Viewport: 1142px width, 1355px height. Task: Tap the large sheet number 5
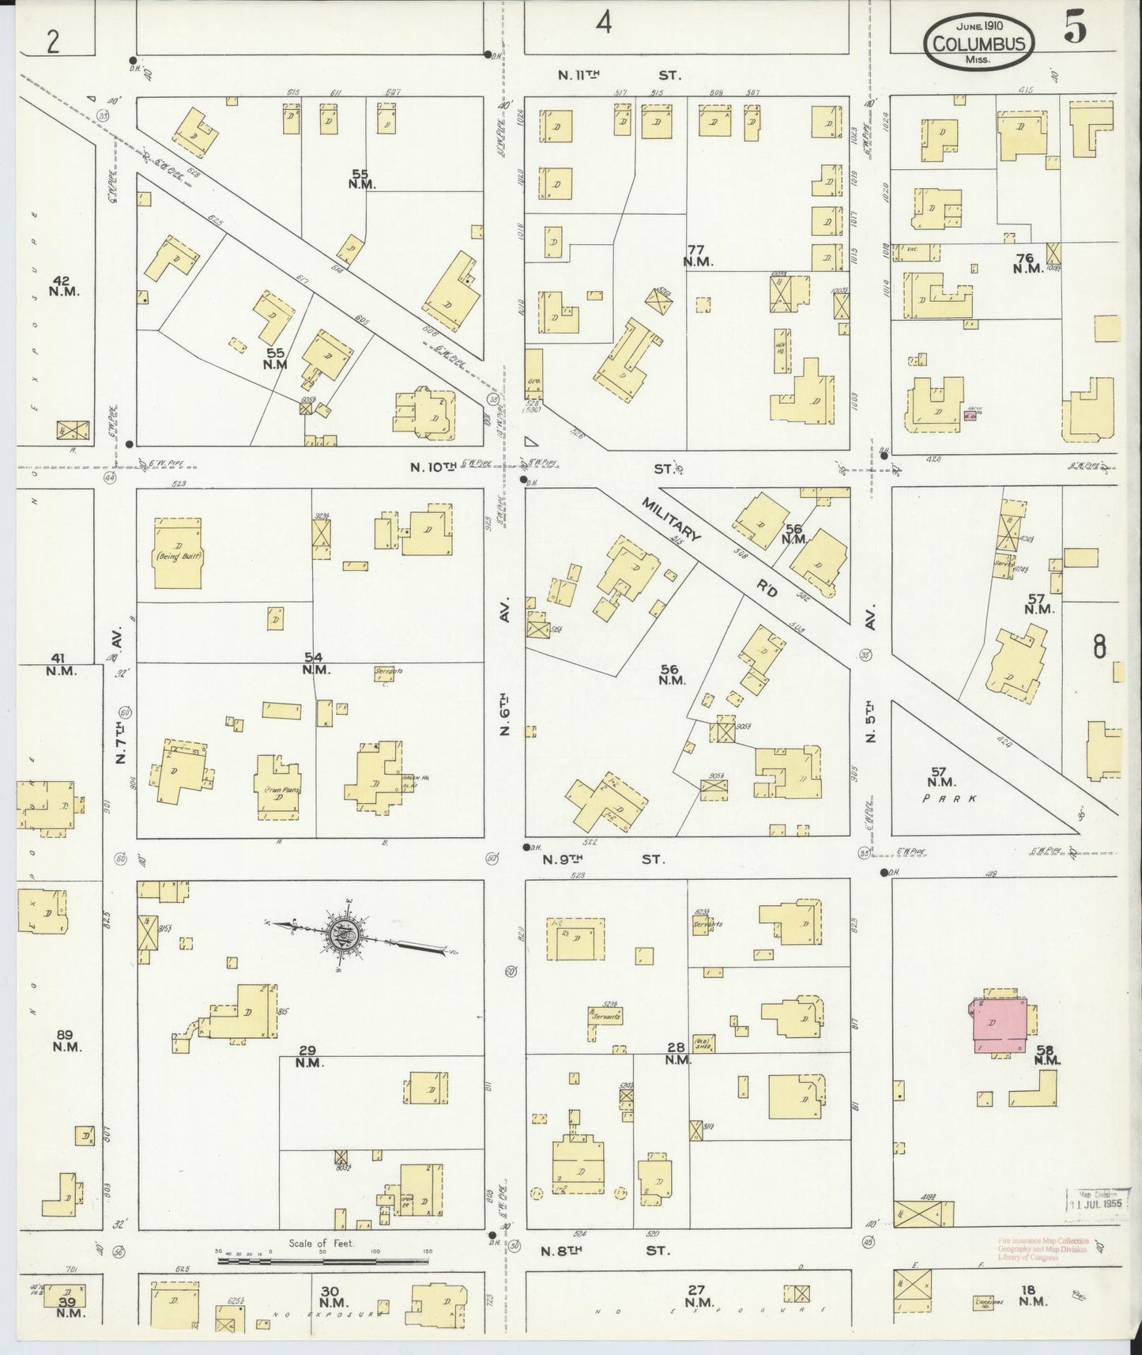[x=1074, y=30]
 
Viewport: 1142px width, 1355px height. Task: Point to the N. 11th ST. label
[x=619, y=75]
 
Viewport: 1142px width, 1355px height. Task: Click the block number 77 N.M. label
[x=699, y=254]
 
